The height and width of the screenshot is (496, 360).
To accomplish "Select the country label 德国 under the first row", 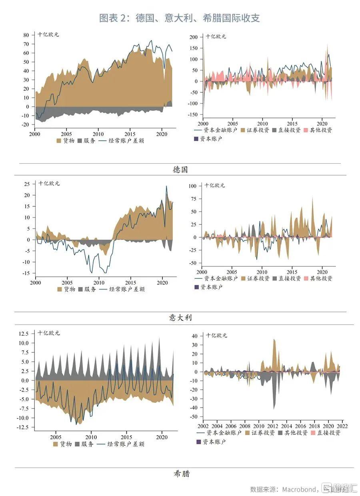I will pyautogui.click(x=180, y=170).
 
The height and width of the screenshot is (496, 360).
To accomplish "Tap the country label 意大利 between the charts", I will pyautogui.click(x=180, y=318).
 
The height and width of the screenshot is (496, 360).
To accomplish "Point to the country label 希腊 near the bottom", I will pyautogui.click(x=182, y=474).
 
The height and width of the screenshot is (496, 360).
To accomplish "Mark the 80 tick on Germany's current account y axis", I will pyautogui.click(x=26, y=35).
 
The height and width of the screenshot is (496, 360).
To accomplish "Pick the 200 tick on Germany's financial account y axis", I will pyautogui.click(x=193, y=37).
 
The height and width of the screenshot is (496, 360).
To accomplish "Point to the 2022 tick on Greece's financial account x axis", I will pyautogui.click(x=342, y=426).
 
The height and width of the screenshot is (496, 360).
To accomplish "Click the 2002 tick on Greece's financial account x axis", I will pyautogui.click(x=203, y=426).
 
